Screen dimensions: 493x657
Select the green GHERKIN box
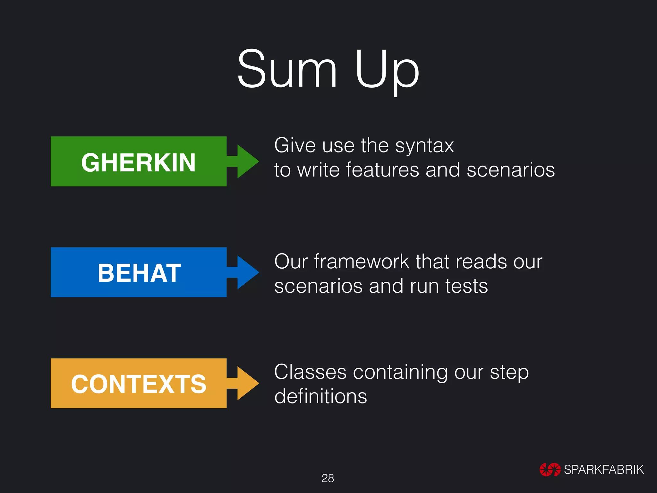pyautogui.click(x=139, y=161)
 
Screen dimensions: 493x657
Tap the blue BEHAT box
pyautogui.click(x=139, y=272)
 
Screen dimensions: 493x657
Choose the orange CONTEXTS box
pyautogui.click(x=139, y=383)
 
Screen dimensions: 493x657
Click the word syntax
pyautogui.click(x=424, y=146)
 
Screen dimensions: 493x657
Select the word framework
pyautogui.click(x=362, y=262)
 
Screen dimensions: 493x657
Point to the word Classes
pyautogui.click(x=310, y=372)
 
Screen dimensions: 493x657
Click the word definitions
pyautogui.click(x=320, y=396)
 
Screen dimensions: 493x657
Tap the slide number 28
pyautogui.click(x=328, y=478)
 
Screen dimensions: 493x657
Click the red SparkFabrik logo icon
pyautogui.click(x=550, y=470)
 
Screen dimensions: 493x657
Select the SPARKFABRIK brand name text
pyautogui.click(x=604, y=470)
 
